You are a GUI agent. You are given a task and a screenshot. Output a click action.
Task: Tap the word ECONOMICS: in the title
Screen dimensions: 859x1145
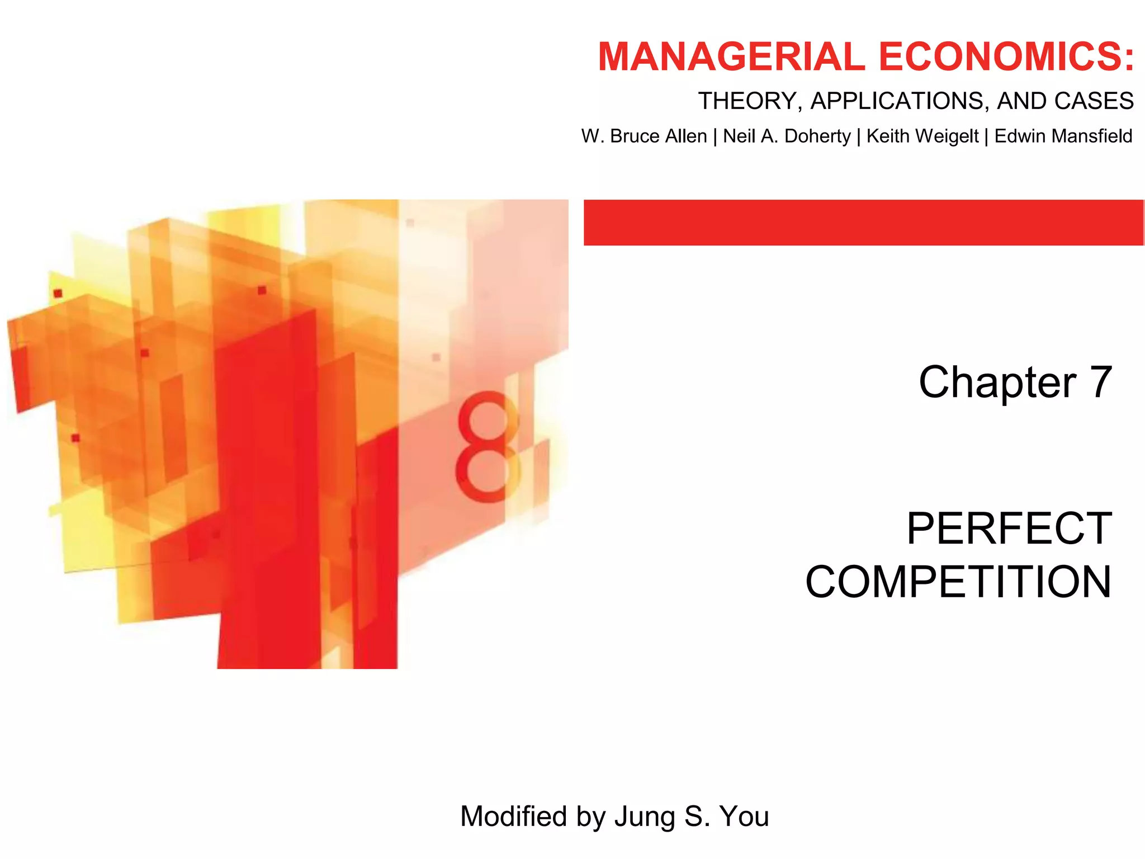[x=1006, y=57]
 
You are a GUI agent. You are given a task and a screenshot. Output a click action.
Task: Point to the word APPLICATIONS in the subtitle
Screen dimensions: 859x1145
[x=900, y=101]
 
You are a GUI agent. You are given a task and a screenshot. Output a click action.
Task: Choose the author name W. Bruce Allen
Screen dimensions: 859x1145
[x=644, y=136]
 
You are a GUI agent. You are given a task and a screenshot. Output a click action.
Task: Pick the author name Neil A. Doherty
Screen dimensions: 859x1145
[x=787, y=136]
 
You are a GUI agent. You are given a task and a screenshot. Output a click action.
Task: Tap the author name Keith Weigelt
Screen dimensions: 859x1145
[x=922, y=136]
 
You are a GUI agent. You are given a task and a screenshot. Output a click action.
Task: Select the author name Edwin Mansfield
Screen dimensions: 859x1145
[x=1063, y=136]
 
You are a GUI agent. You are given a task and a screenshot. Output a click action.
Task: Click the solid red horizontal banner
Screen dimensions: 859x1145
[x=863, y=223]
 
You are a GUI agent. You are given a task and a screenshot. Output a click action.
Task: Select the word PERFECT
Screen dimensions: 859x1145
[x=1009, y=528]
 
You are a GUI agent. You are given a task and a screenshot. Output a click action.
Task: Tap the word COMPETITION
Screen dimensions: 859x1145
[x=958, y=582]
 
